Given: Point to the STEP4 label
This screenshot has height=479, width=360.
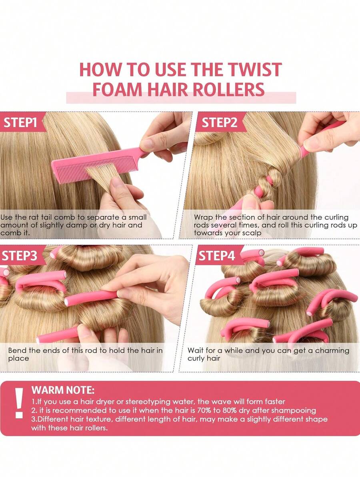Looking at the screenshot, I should (217, 256).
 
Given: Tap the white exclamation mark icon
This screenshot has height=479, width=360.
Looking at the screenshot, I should (19, 403).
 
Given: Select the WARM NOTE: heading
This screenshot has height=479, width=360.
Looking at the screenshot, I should (63, 389).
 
